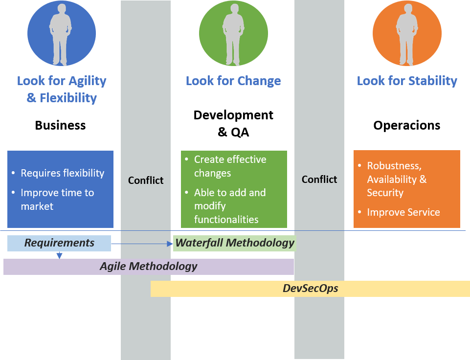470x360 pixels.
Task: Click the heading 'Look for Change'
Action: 233,81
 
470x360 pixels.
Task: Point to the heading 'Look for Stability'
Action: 407,81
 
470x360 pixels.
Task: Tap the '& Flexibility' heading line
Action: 62,98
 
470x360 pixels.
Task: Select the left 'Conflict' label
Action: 146,180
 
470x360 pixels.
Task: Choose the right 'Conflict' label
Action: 319,180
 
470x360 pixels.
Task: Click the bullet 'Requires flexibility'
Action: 62,173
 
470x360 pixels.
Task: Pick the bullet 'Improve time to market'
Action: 57,200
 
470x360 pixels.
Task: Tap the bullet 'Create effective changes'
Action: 230,166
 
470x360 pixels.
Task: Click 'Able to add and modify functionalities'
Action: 230,206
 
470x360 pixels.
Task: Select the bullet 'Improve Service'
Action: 403,212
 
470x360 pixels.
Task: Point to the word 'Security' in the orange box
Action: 385,193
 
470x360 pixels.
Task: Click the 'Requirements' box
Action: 59,243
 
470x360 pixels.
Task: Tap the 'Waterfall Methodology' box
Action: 235,243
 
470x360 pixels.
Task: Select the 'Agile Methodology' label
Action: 148,267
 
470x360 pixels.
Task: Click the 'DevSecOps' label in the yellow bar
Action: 310,289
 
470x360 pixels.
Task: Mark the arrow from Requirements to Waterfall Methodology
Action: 142,243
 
